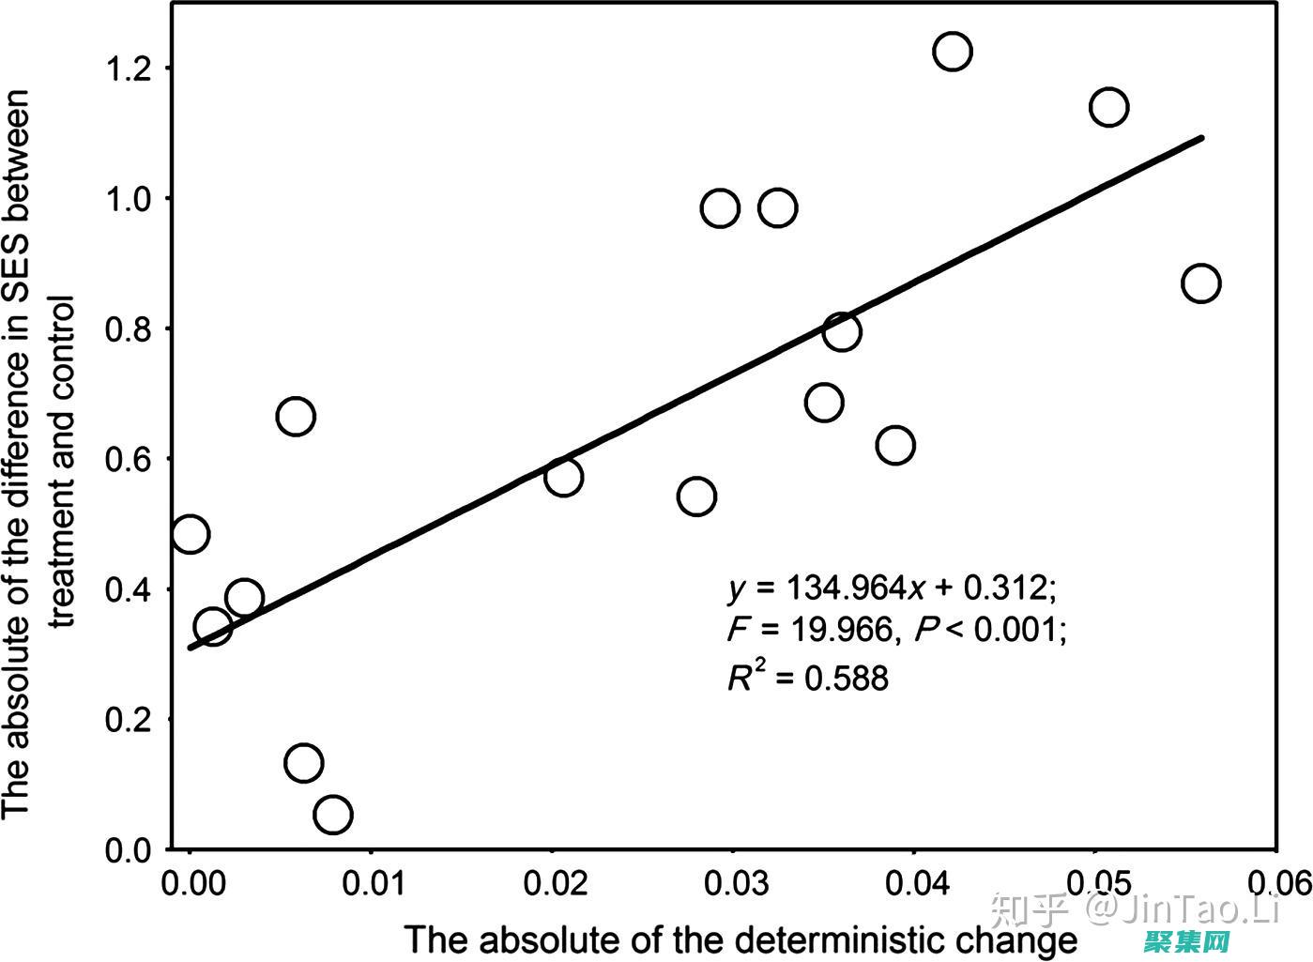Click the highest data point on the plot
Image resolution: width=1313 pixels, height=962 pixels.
[x=952, y=51]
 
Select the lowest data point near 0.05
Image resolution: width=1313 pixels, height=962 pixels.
[x=333, y=815]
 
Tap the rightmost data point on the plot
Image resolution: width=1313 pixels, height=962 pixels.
[x=1201, y=282]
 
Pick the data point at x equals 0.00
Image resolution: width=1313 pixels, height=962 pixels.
[x=190, y=533]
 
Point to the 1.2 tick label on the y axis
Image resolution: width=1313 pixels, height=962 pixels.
[x=130, y=68]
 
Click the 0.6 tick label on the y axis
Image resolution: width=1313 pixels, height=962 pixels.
[x=130, y=459]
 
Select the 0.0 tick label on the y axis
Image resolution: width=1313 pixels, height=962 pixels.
[x=130, y=850]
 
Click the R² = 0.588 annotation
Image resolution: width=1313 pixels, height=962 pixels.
[x=807, y=677]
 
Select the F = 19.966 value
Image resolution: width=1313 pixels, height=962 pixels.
[x=810, y=630]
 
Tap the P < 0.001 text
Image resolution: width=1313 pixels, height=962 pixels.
[x=991, y=630]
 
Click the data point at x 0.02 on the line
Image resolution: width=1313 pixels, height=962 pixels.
[x=563, y=477]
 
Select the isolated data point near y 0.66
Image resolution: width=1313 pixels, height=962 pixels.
[x=295, y=416]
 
